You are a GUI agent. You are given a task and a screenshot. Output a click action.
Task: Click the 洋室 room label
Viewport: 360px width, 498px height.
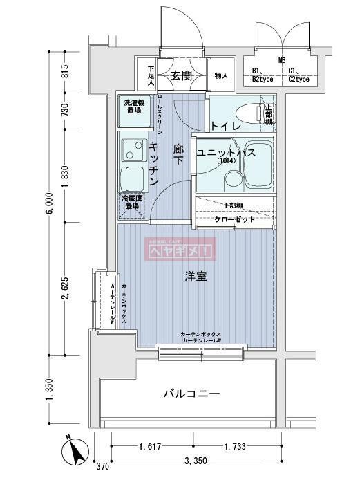[x=196, y=276]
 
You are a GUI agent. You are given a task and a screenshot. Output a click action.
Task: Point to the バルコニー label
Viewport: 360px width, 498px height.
[x=191, y=394]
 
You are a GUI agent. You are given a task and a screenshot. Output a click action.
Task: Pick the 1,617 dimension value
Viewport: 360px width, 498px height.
[x=151, y=447]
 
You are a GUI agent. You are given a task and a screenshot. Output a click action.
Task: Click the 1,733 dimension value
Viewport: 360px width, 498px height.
[x=236, y=447]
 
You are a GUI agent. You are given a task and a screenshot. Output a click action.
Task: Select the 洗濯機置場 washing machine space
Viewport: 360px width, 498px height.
[x=133, y=110]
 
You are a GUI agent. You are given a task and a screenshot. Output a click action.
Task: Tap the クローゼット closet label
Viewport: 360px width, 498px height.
[x=234, y=220]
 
